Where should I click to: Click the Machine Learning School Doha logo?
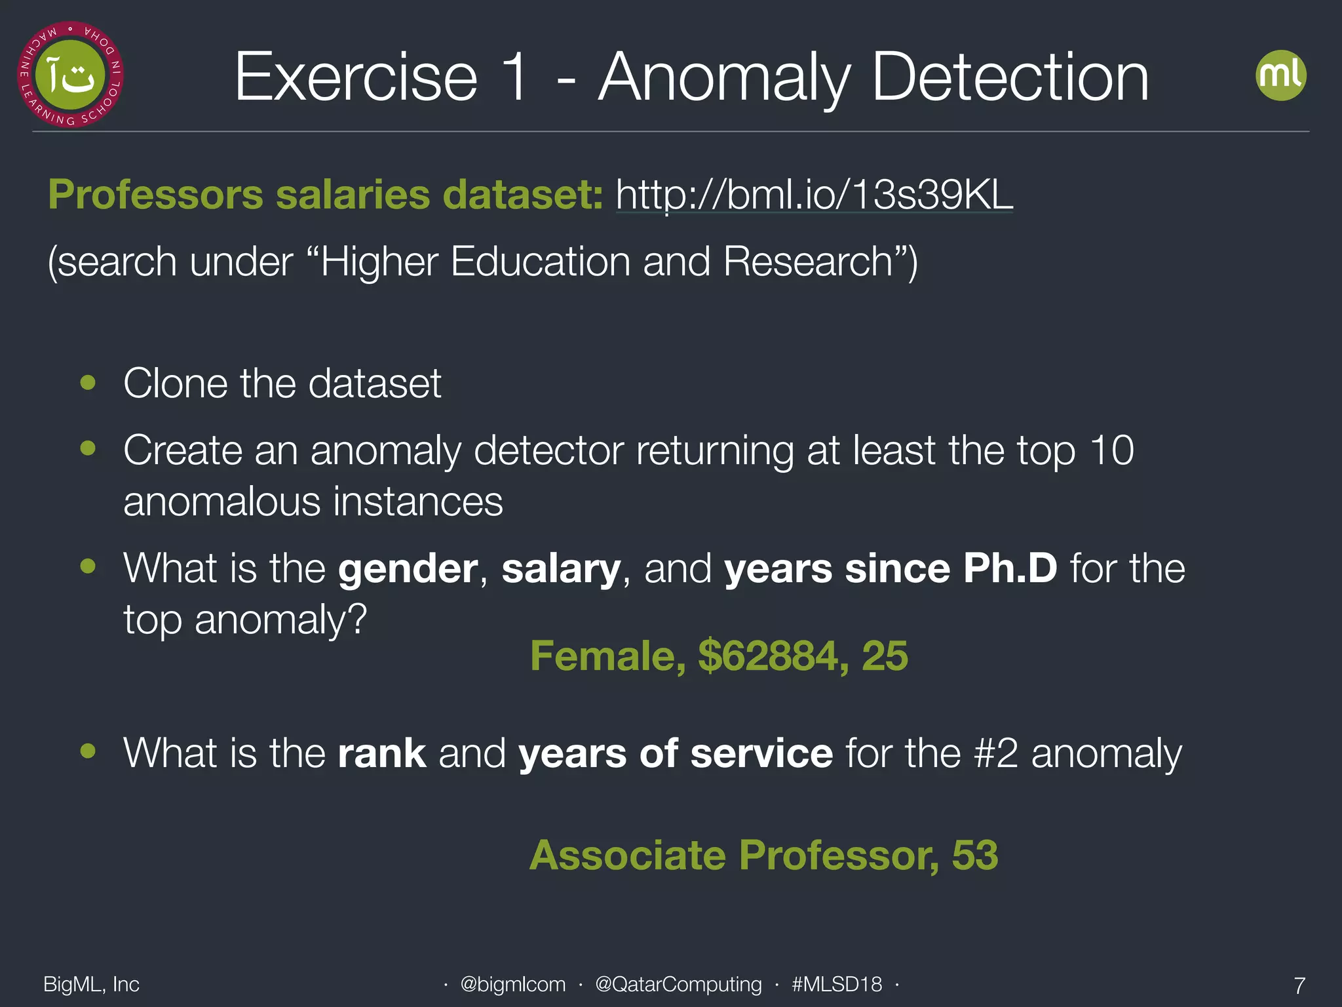point(71,75)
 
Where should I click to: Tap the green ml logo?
point(1280,75)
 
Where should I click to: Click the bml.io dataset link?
point(814,195)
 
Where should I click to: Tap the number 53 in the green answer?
point(974,855)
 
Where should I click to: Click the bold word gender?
point(408,569)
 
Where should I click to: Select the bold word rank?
point(382,753)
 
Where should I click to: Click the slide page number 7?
point(1299,985)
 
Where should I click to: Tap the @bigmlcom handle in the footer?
point(512,984)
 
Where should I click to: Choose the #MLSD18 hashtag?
point(837,984)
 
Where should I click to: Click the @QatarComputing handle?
point(678,984)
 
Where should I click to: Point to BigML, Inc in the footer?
point(91,984)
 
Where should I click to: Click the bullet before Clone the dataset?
point(88,382)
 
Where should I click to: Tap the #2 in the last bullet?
point(996,753)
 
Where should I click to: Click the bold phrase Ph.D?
point(1010,568)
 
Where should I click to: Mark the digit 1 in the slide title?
point(516,77)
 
